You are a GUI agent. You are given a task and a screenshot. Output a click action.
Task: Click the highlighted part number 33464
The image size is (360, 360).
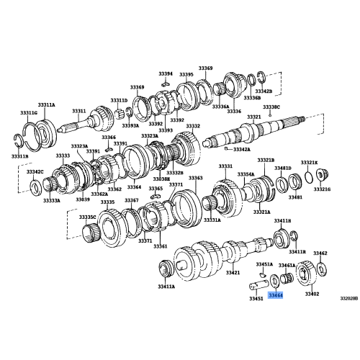[275, 295]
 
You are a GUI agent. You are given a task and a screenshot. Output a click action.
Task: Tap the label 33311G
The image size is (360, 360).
[29, 113]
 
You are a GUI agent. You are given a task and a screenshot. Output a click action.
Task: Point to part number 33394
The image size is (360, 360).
[166, 73]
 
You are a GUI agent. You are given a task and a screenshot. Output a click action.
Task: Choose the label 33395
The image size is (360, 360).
[186, 74]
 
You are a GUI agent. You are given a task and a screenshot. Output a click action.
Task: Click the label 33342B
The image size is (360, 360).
[264, 92]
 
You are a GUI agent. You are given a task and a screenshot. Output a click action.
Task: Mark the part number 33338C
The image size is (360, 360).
[271, 107]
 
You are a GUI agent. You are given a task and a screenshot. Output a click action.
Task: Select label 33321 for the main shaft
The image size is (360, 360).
[253, 117]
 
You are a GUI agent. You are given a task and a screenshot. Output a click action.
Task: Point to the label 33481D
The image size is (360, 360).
[283, 167]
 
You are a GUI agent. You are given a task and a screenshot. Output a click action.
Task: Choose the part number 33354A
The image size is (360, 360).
[246, 174]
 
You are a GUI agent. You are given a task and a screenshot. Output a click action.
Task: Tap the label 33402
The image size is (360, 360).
[311, 294]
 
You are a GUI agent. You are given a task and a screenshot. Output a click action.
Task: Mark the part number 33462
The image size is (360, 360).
[320, 253]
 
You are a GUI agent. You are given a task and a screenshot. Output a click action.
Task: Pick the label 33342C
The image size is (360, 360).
[35, 172]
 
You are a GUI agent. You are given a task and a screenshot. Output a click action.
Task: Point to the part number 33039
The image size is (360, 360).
[83, 199]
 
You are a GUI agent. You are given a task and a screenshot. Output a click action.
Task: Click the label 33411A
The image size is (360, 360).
[166, 287]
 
